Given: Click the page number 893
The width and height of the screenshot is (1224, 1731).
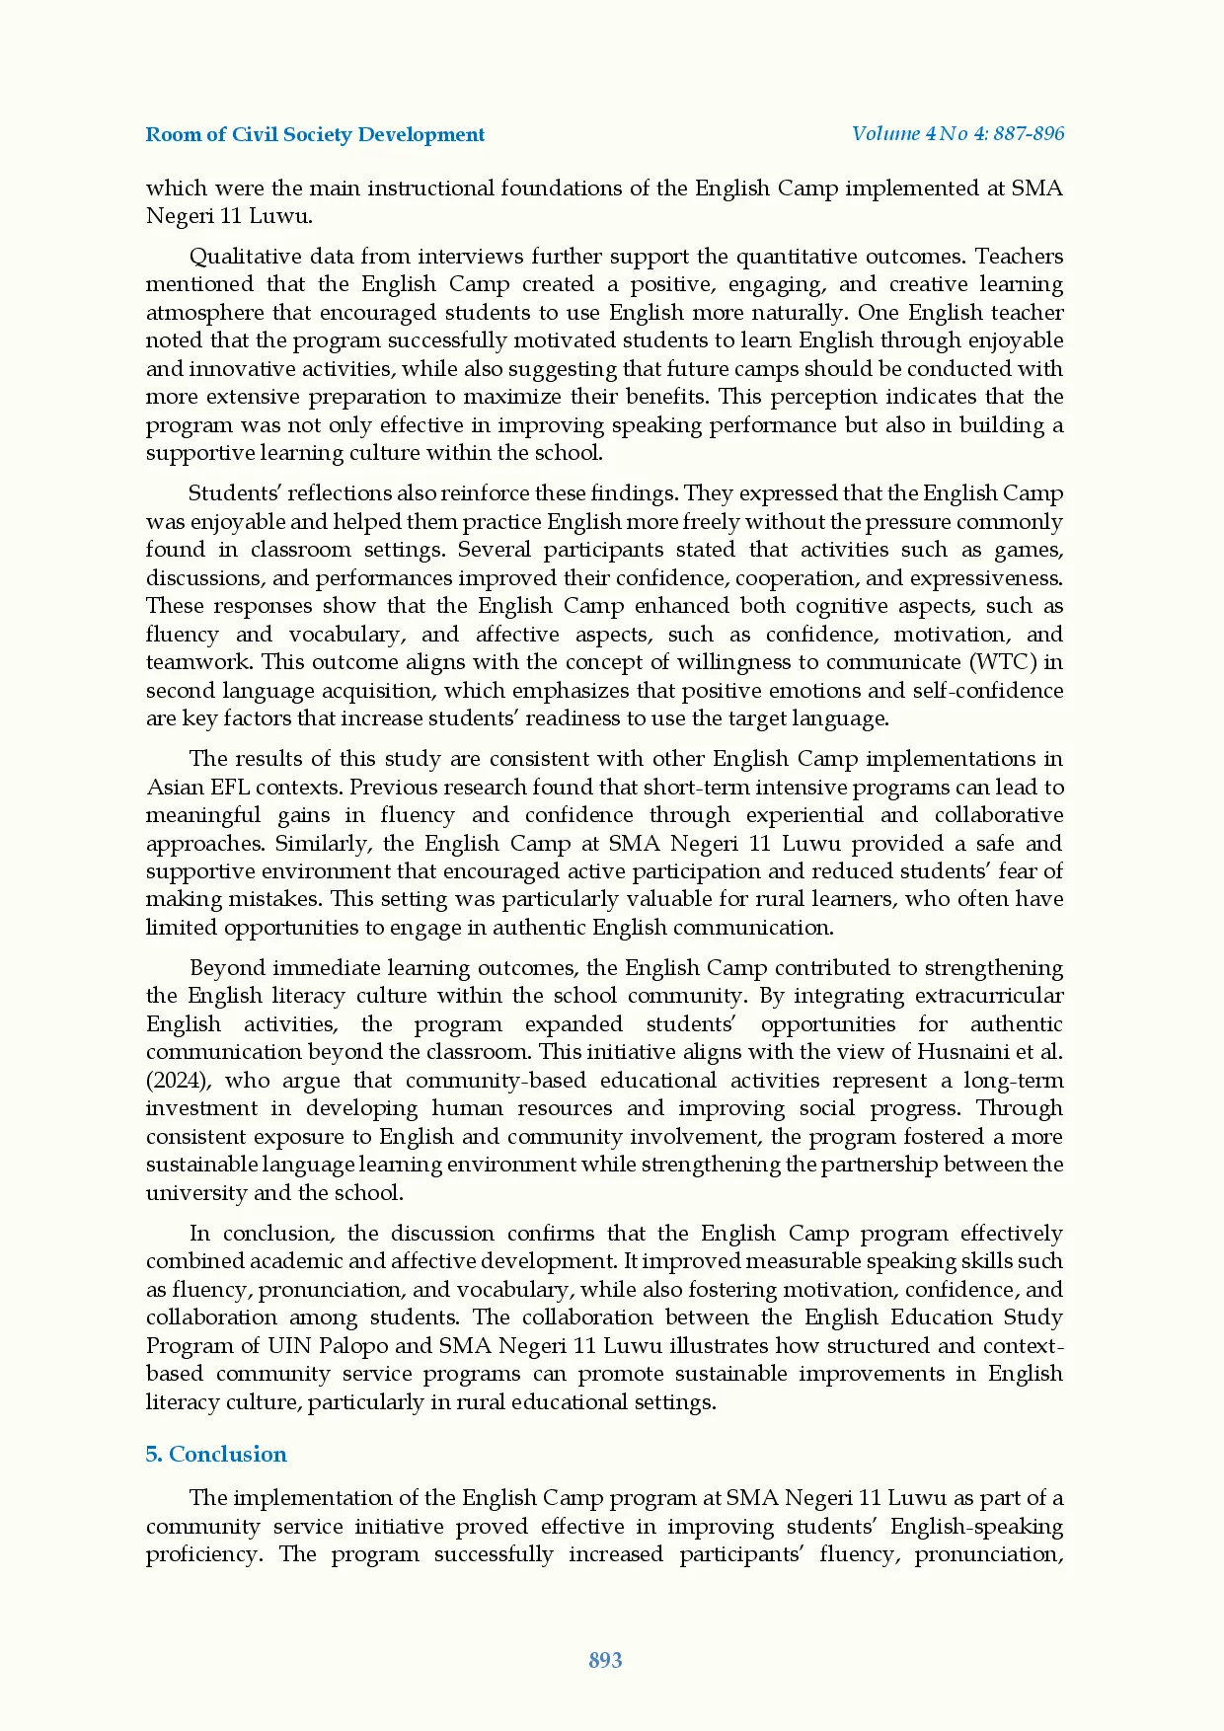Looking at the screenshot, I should tap(605, 1660).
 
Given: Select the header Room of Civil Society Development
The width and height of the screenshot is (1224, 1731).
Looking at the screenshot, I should tap(315, 134).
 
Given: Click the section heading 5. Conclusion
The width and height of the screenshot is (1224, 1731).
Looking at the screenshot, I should tap(216, 1454).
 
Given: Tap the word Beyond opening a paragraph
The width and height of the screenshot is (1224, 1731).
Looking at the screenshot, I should tap(226, 967).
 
